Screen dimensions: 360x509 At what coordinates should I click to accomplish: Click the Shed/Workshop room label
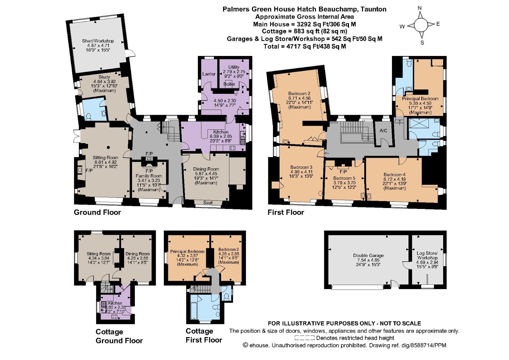click(x=98, y=41)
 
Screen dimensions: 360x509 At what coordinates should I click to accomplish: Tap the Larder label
click(x=209, y=74)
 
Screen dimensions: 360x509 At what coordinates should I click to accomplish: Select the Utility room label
click(x=234, y=67)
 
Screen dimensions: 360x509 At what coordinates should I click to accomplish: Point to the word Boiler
click(x=229, y=84)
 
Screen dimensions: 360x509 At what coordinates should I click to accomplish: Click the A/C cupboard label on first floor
click(x=383, y=131)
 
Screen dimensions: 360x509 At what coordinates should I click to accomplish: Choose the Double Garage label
click(x=368, y=255)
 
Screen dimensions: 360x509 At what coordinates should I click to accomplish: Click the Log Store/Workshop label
click(x=427, y=255)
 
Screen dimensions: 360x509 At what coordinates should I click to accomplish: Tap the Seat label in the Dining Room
click(x=208, y=203)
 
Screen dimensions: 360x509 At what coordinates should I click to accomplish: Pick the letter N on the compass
click(x=420, y=8)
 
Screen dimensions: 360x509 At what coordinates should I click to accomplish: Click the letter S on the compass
click(x=422, y=43)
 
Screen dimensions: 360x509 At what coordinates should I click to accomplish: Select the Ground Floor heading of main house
click(x=97, y=212)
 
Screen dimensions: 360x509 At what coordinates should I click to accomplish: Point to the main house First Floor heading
click(x=286, y=212)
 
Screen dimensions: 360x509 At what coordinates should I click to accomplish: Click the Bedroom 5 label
click(x=344, y=178)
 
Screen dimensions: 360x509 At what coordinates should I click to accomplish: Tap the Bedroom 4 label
click(x=394, y=175)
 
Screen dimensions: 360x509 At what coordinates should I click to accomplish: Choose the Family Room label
click(x=149, y=176)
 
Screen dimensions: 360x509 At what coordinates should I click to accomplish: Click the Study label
click(x=104, y=77)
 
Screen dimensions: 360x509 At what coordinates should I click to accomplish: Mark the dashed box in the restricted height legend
click(x=304, y=338)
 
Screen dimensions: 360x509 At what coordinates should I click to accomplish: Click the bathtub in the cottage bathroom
click(x=194, y=311)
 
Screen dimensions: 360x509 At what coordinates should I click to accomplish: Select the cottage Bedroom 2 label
click(x=228, y=250)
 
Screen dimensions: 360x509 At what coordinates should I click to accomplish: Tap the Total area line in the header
click(x=305, y=46)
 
